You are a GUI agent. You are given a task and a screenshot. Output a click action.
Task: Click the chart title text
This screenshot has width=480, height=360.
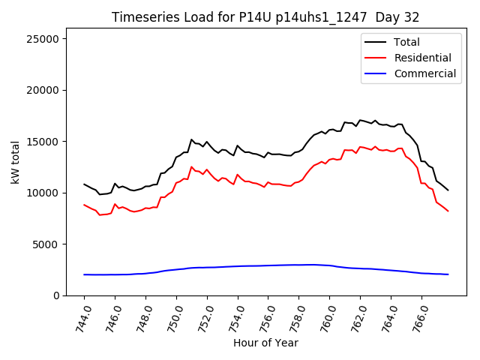(265, 17)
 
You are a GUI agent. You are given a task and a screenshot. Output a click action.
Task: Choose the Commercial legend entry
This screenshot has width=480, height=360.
(425, 73)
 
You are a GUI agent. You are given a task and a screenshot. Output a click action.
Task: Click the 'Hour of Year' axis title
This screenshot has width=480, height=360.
(265, 343)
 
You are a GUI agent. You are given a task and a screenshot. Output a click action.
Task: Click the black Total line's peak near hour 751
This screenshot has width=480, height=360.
(191, 139)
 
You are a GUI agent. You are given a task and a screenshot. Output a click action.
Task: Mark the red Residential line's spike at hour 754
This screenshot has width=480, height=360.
(238, 175)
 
